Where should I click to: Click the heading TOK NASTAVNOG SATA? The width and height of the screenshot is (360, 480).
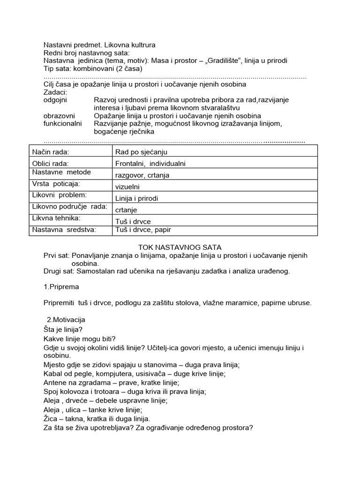point(180,247)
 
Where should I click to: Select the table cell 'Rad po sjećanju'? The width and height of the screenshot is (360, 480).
point(141,152)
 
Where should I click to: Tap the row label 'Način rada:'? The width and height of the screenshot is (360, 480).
point(50,152)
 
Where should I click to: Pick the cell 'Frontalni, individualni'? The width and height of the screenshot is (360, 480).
point(150,164)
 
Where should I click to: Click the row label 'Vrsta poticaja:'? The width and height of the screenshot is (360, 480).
point(56,184)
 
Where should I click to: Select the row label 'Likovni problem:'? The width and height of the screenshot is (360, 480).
point(60,195)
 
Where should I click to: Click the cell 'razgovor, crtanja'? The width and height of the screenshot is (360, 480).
point(142,175)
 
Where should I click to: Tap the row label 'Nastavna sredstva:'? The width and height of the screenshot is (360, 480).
point(64,229)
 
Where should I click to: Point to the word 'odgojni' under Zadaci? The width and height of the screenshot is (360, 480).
point(55,100)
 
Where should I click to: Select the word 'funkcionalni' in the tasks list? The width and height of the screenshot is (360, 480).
point(62,123)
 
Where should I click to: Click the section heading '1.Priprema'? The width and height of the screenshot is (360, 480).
point(61,286)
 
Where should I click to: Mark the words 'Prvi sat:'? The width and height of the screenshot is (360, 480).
point(56,255)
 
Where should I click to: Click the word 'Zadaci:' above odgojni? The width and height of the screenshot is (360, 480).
point(55,92)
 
